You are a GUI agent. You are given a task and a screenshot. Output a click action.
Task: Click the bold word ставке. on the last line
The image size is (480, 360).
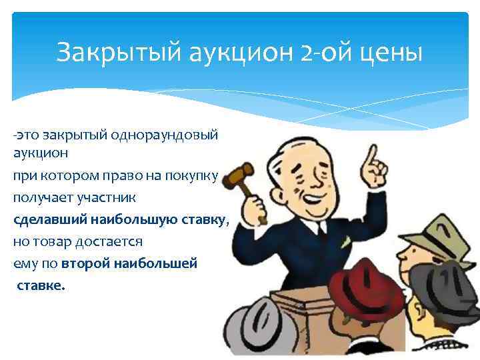coord(41,285)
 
